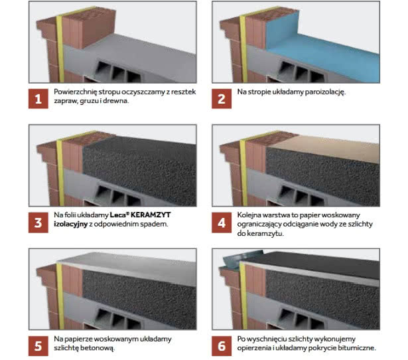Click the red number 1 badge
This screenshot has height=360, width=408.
38,99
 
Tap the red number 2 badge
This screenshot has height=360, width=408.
222,99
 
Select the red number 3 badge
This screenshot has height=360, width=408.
38,223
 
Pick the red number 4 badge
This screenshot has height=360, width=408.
222,223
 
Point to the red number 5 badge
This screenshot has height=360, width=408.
38,346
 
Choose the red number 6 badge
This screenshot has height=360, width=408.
222,346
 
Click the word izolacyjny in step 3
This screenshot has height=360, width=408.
70,225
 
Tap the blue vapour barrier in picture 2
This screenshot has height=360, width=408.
322,52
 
